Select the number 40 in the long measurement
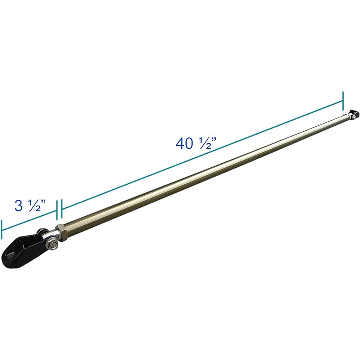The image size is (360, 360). coord(184,144)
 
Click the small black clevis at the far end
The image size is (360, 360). coord(354,114)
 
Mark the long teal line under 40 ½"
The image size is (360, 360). coord(202,155)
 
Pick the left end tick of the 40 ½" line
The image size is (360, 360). coord(62,209)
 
